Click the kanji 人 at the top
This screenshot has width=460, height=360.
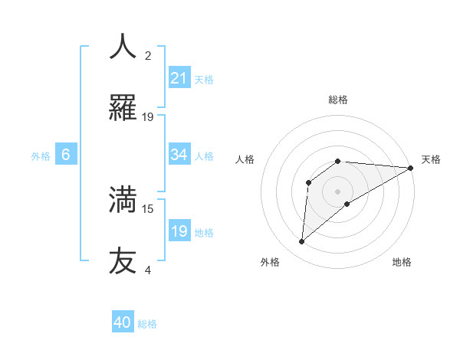123,46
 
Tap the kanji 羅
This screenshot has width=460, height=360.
123,109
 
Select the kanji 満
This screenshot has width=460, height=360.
123,199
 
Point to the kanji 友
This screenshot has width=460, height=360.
123,260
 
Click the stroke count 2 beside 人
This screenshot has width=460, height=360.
148,56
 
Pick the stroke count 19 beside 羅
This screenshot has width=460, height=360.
148,117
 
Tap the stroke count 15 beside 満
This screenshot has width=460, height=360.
148,208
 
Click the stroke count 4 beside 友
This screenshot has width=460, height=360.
148,270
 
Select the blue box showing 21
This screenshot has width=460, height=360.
179,78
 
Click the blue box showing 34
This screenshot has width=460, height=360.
179,155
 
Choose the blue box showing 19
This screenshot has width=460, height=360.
179,231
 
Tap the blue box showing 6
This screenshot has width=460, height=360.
66,155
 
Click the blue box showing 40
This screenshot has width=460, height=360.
123,322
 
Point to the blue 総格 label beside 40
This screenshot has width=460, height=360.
147,324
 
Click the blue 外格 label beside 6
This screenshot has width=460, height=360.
41,156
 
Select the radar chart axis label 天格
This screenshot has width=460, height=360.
431,159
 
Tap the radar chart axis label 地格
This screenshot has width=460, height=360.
402,263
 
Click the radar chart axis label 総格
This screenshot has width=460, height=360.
338,100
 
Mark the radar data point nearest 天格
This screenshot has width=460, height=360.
411,168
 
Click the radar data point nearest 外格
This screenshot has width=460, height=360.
302,242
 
